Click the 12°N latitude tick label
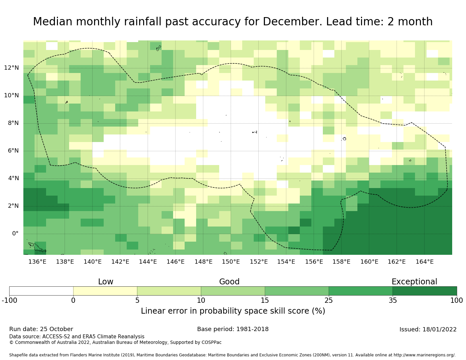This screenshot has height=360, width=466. (x=11, y=68)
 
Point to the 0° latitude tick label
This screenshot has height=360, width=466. (x=15, y=234)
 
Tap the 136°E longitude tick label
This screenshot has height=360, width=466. (x=37, y=262)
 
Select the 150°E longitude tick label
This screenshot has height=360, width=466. (x=231, y=262)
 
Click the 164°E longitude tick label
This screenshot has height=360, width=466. (x=425, y=262)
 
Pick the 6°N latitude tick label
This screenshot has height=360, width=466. (x=13, y=151)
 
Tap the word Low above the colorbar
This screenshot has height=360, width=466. (x=106, y=282)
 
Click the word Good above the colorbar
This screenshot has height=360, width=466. (x=229, y=282)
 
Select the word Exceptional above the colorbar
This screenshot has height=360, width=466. (x=414, y=282)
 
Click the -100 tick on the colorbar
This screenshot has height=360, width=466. (x=9, y=300)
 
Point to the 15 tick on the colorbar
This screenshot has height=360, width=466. (x=265, y=300)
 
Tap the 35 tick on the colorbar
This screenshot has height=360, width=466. (x=393, y=300)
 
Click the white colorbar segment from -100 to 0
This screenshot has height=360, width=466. (x=41, y=291)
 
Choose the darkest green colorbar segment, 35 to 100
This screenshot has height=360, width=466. (x=425, y=291)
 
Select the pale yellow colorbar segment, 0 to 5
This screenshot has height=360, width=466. (x=105, y=291)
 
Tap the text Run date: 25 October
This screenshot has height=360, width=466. (x=41, y=329)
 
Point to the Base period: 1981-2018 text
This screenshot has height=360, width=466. (x=233, y=329)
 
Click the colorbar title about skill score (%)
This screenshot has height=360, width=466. (x=233, y=311)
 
